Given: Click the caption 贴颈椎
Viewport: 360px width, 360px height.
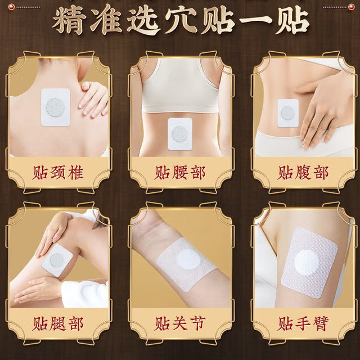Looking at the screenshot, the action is [57, 173].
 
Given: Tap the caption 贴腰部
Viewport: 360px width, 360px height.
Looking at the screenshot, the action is [180, 173].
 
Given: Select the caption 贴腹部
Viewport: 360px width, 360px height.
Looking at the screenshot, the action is [303, 173].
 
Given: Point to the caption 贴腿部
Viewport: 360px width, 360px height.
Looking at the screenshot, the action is [57, 324].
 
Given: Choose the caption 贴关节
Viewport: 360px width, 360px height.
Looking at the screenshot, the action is [180, 324].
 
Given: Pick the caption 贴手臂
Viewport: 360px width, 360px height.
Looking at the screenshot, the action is [303, 324].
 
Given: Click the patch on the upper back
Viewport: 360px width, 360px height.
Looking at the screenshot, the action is [56, 107].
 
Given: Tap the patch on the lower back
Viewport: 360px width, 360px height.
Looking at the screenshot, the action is [180, 134].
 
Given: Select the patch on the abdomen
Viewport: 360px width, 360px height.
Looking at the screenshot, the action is [288, 113].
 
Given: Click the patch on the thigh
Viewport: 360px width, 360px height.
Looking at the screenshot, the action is [57, 260].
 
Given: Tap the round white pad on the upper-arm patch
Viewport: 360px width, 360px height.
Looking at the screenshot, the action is [307, 262].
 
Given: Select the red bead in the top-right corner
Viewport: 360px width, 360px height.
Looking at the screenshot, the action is [351, 7].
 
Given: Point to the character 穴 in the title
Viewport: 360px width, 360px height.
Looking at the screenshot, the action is [181, 21].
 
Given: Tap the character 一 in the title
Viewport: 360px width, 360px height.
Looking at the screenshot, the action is [254, 22].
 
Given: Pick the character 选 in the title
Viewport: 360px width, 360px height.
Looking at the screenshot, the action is [144, 21].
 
